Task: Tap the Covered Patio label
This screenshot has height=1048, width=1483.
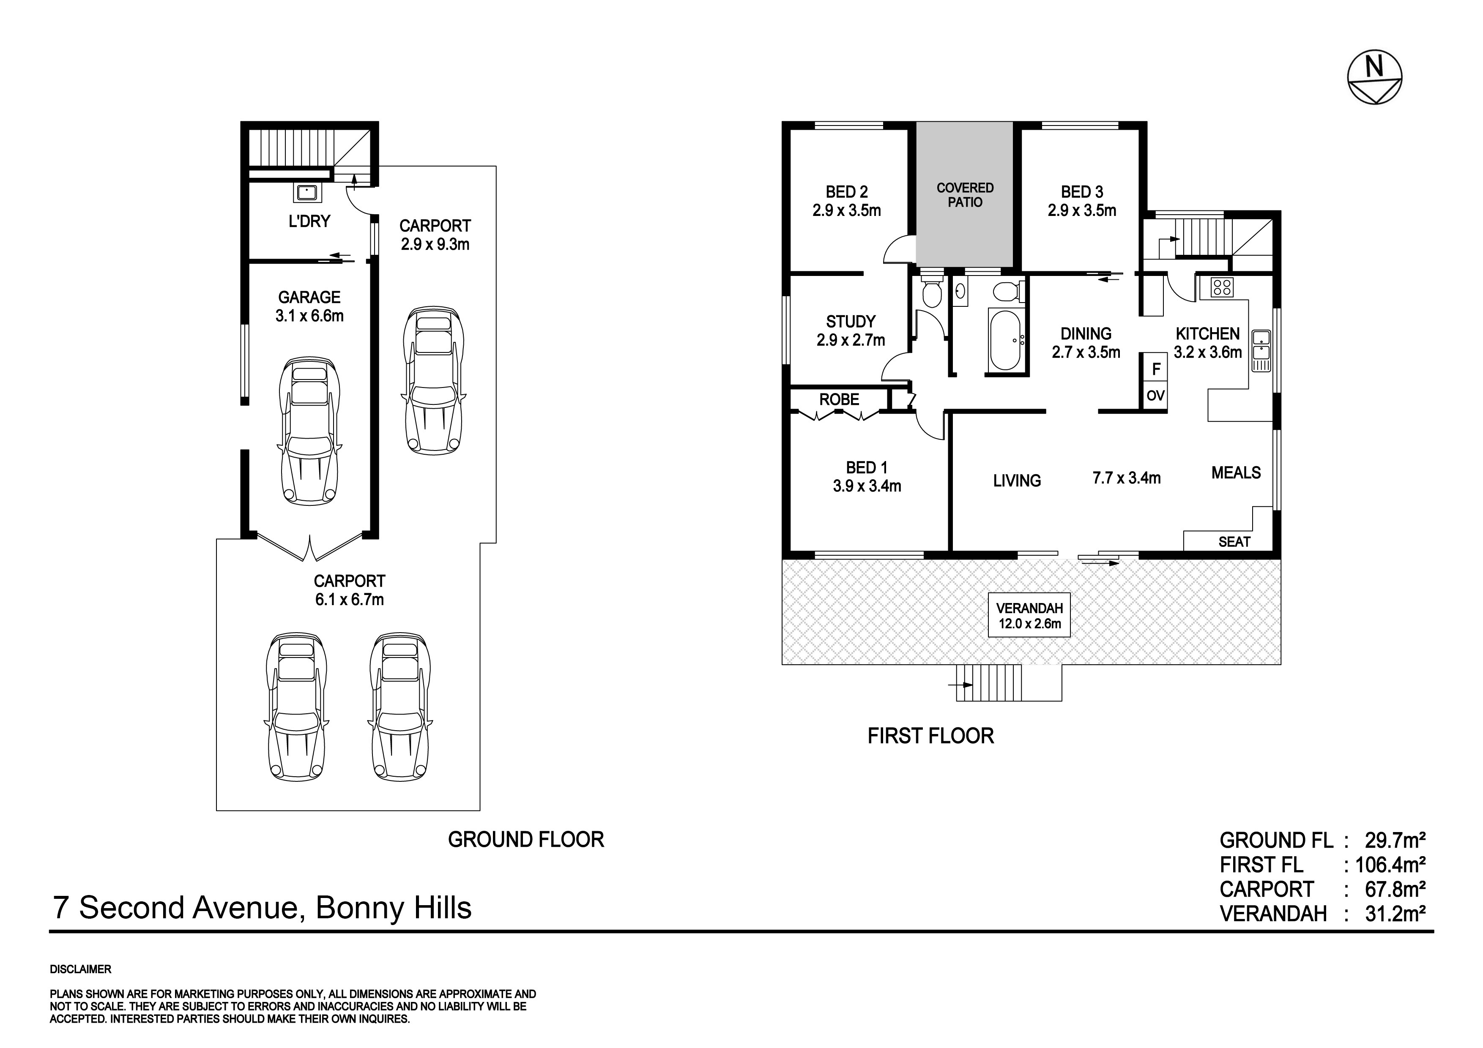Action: coord(965,195)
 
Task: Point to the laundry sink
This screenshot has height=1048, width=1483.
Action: coord(306,192)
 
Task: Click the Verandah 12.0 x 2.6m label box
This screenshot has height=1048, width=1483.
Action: coord(1029,615)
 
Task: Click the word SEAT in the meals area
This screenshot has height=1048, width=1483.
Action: coord(1234,542)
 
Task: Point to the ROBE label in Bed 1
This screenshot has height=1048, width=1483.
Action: coord(839,400)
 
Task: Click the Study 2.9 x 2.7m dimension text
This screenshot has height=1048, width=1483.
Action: coord(851,340)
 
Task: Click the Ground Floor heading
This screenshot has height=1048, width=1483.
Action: coord(526,839)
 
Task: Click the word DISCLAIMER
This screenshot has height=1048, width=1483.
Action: coord(81,969)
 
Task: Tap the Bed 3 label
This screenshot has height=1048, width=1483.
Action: coord(1082,192)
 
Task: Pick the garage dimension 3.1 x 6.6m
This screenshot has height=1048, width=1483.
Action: coord(309,316)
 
